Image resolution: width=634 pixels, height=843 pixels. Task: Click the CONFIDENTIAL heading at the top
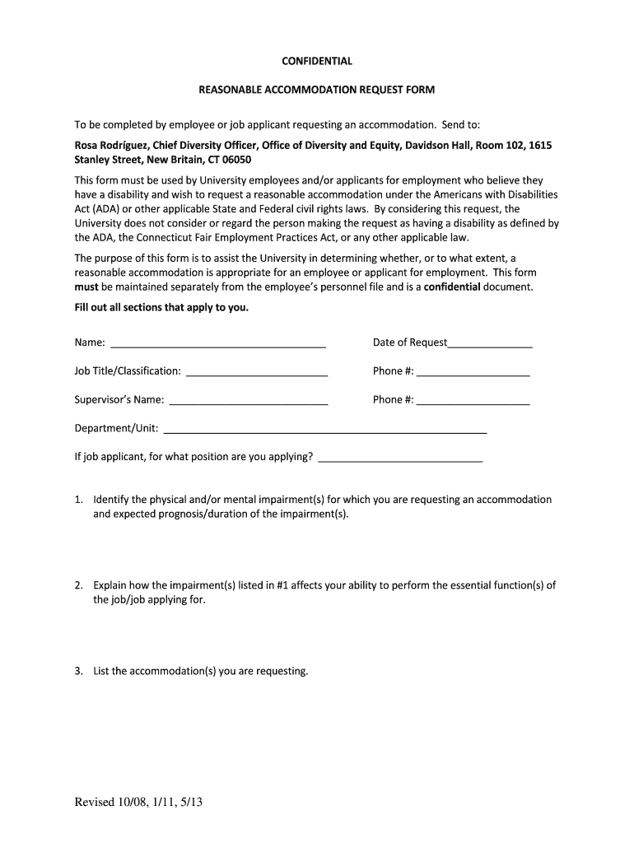point(317,61)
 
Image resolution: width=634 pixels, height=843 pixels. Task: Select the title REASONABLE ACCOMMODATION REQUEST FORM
point(317,89)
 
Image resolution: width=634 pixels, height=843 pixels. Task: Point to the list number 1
point(78,500)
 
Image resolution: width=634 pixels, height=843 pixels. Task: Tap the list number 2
point(78,586)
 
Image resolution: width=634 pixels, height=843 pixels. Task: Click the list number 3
point(78,672)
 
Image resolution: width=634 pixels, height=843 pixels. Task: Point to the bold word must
point(86,287)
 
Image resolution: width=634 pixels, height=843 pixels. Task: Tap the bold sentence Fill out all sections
point(161,308)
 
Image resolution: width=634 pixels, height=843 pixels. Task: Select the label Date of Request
point(410,342)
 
